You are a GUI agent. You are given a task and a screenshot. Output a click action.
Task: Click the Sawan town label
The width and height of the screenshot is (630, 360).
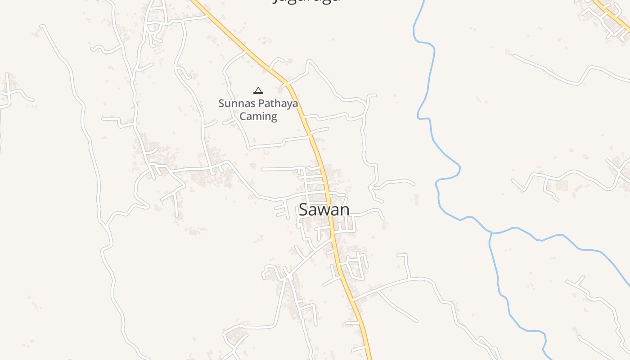click(x=324, y=210)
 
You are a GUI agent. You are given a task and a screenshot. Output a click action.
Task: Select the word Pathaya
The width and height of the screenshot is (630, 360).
click(x=278, y=104)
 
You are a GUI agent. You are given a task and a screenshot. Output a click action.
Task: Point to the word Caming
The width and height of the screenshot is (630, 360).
click(x=258, y=117)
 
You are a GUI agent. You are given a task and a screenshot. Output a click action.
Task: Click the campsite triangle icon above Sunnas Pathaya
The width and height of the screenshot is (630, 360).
click(x=258, y=90)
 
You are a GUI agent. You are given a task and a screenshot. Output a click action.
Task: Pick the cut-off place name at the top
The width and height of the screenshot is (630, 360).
click(x=306, y=1)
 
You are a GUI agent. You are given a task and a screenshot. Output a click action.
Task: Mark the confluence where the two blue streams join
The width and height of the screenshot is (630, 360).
click(x=492, y=233)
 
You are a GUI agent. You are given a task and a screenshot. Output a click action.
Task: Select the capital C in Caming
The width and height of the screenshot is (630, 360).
click(x=243, y=117)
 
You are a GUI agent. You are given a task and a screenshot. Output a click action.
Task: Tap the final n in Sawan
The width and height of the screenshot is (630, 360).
click(x=344, y=210)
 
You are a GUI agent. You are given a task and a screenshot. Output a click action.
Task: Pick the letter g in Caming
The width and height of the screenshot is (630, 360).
click(x=273, y=118)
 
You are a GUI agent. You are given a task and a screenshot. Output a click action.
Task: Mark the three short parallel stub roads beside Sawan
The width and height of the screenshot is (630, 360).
click(x=282, y=209)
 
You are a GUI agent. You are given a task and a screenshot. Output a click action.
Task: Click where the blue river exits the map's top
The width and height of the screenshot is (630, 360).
click(x=423, y=2)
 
